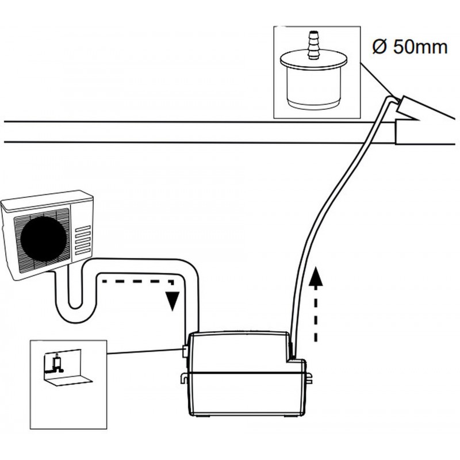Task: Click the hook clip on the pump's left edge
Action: pyautogui.click(x=183, y=378)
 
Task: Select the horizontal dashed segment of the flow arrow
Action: pyautogui.click(x=138, y=281)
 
